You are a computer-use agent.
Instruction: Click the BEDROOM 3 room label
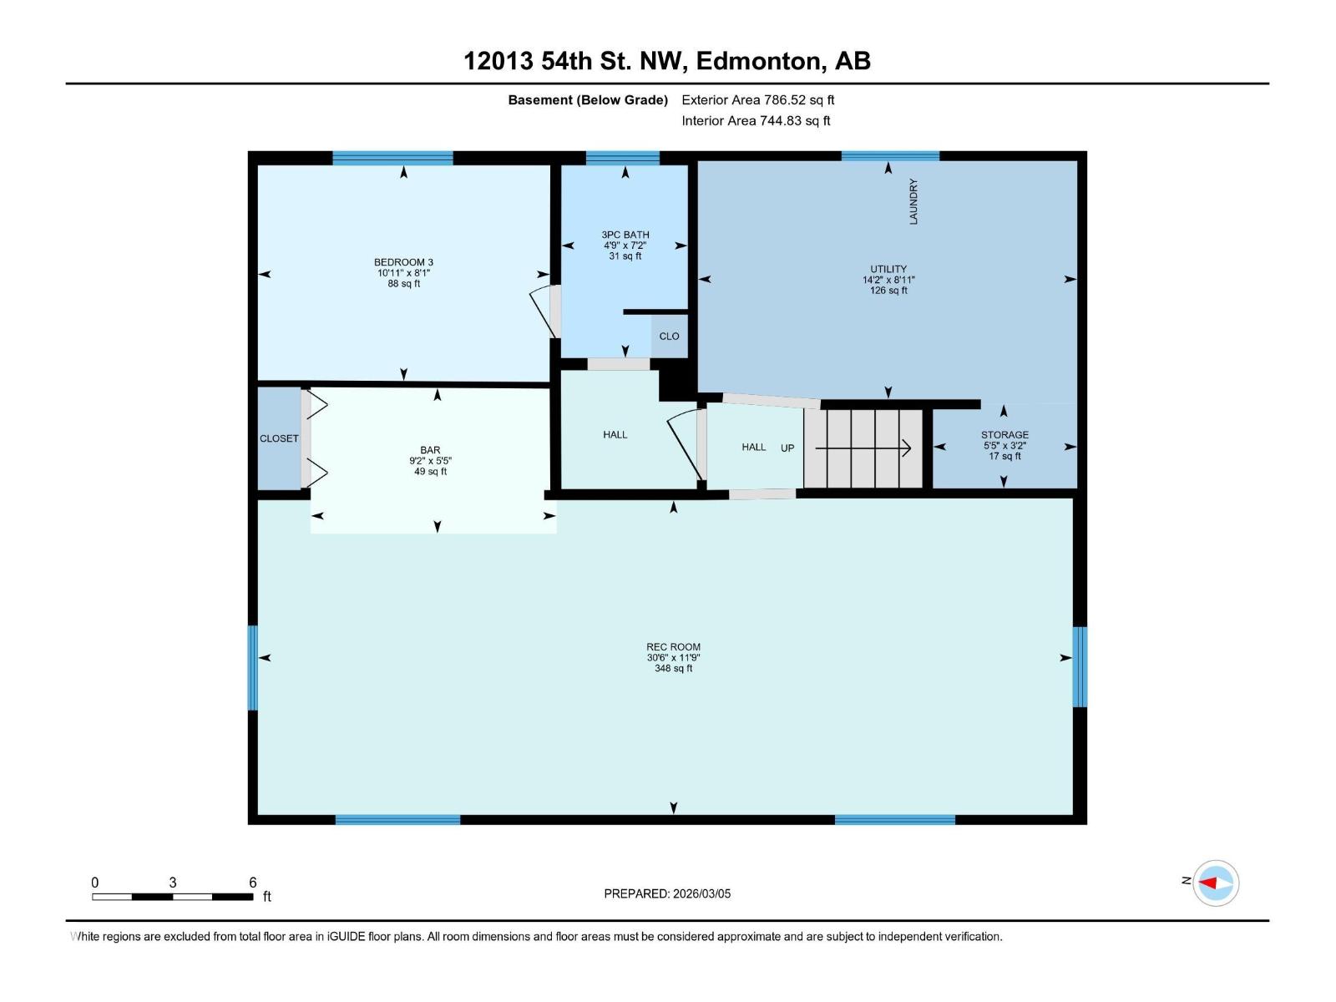click(403, 262)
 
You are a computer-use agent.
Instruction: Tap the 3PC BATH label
click(625, 235)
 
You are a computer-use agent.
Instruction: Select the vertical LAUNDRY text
click(913, 201)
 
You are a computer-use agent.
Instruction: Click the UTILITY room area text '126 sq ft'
click(888, 291)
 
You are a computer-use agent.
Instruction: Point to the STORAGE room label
click(1005, 435)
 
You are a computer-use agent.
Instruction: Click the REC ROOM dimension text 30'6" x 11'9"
click(673, 658)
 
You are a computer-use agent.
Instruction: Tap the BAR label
click(430, 450)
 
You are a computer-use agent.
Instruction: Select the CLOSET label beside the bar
click(279, 438)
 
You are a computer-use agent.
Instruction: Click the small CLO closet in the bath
click(669, 337)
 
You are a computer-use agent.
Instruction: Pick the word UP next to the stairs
click(787, 448)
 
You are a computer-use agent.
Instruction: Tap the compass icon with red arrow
click(1215, 883)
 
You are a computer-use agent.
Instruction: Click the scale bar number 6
click(252, 883)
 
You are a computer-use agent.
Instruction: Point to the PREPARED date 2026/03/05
click(667, 893)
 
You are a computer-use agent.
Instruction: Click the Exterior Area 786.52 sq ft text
click(757, 100)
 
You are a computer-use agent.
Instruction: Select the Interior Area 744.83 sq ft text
click(756, 121)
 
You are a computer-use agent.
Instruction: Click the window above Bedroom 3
click(392, 158)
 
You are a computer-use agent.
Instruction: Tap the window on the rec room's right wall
click(1080, 666)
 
